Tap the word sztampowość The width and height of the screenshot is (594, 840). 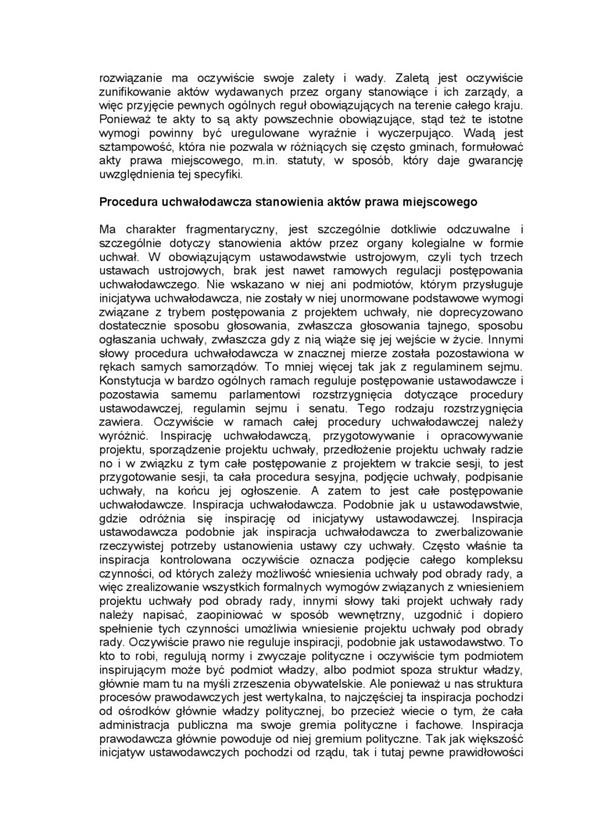(x=134, y=147)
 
